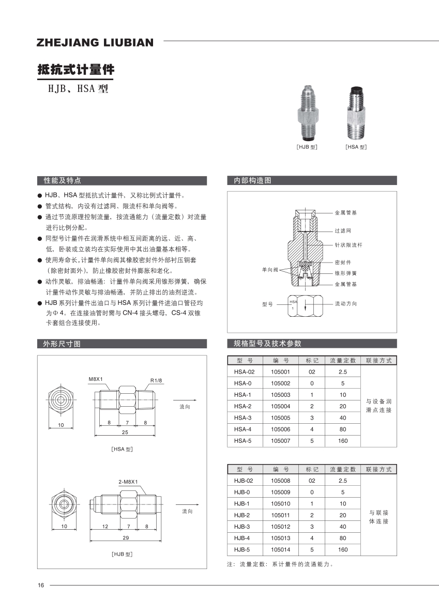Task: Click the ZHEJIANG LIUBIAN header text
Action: click(x=95, y=42)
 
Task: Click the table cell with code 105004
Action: click(x=281, y=406)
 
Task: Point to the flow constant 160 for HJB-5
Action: click(x=342, y=550)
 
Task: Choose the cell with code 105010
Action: click(x=281, y=503)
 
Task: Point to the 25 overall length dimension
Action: click(x=125, y=432)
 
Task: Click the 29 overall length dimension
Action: click(x=125, y=538)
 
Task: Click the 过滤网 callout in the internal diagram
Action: click(x=343, y=230)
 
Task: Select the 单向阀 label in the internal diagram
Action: click(x=270, y=270)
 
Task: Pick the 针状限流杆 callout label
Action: click(x=349, y=245)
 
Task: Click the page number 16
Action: click(x=41, y=585)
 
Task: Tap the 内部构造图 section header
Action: click(x=252, y=180)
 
